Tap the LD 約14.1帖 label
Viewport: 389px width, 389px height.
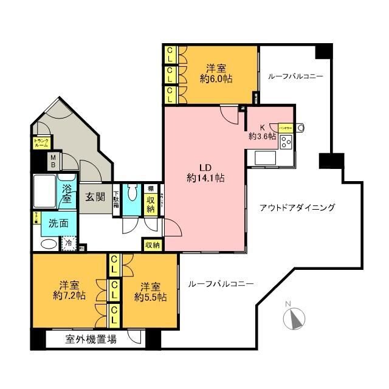pyautogui.click(x=205, y=173)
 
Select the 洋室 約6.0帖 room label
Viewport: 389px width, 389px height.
pyautogui.click(x=216, y=73)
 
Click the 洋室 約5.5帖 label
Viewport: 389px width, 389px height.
pyautogui.click(x=150, y=291)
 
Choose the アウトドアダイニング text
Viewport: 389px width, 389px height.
pyautogui.click(x=297, y=208)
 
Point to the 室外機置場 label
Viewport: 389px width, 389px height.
pyautogui.click(x=91, y=340)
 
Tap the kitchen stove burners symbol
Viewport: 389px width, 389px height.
pyautogui.click(x=286, y=142)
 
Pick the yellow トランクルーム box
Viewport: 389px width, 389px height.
pyautogui.click(x=41, y=144)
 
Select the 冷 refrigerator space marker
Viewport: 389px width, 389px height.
pyautogui.click(x=70, y=243)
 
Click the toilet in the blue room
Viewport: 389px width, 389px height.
pyautogui.click(x=130, y=201)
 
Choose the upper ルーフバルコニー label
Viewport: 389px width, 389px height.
pyautogui.click(x=295, y=77)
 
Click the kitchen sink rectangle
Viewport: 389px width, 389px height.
pyautogui.click(x=266, y=157)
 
